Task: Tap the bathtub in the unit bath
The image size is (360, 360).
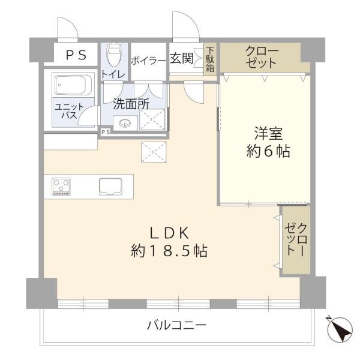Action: pyautogui.click(x=73, y=85)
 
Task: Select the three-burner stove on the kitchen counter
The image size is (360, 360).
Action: pyautogui.click(x=61, y=187)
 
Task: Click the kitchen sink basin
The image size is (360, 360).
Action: pyautogui.click(x=110, y=187)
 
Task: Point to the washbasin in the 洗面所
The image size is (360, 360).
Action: pyautogui.click(x=125, y=123)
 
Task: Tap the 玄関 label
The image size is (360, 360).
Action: pyautogui.click(x=181, y=58)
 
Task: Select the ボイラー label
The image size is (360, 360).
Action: pyautogui.click(x=148, y=61)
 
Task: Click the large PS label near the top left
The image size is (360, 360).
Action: pyautogui.click(x=76, y=55)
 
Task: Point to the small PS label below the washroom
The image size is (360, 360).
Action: pyautogui.click(x=106, y=132)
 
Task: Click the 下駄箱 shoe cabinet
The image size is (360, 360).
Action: pyautogui.click(x=210, y=59)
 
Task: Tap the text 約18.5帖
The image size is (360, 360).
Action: pyautogui.click(x=169, y=251)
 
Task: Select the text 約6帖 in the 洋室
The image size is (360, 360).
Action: pyautogui.click(x=268, y=151)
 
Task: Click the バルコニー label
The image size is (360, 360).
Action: pyautogui.click(x=176, y=325)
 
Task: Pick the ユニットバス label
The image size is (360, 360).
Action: pyautogui.click(x=70, y=110)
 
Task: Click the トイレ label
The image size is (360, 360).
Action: pyautogui.click(x=113, y=74)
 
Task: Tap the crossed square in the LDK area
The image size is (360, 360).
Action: pyautogui.click(x=154, y=152)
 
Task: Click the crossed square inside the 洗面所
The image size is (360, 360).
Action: pyautogui.click(x=152, y=119)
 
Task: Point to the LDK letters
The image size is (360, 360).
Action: pyautogui.click(x=169, y=233)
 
